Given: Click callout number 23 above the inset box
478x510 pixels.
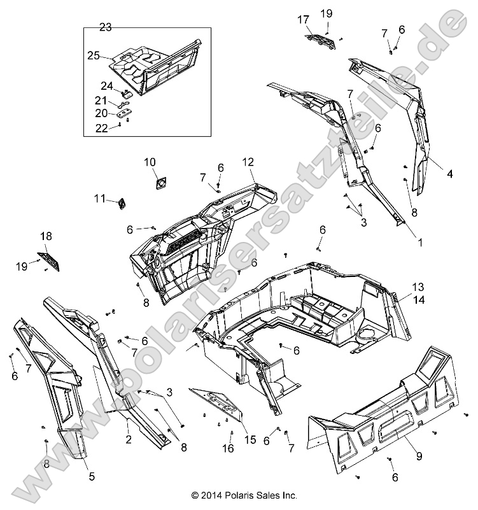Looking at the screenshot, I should pos(106,27).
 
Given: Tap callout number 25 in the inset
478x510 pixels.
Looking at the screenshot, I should pos(94,56).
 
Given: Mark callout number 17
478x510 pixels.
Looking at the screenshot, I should pos(303,19).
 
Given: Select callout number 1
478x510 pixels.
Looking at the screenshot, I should pos(420,243).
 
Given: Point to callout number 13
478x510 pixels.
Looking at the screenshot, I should pos(418,287).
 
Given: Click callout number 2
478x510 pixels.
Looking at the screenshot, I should pos(128,440).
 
